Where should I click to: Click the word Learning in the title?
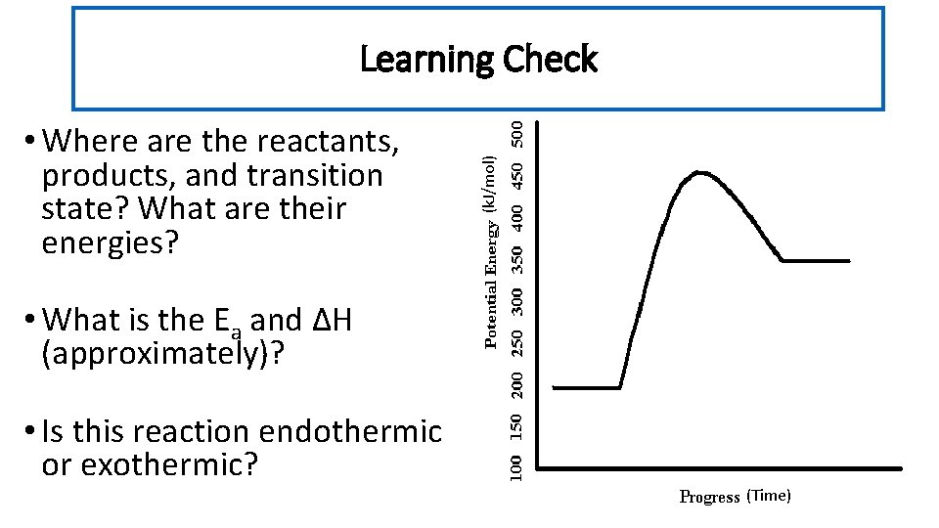(427, 60)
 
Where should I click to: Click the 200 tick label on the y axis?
(525, 382)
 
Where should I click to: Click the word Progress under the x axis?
(709, 497)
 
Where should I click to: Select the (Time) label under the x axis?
(769, 496)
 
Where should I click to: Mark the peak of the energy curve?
(700, 173)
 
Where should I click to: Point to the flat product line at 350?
(817, 261)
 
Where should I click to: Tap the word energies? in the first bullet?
(111, 242)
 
